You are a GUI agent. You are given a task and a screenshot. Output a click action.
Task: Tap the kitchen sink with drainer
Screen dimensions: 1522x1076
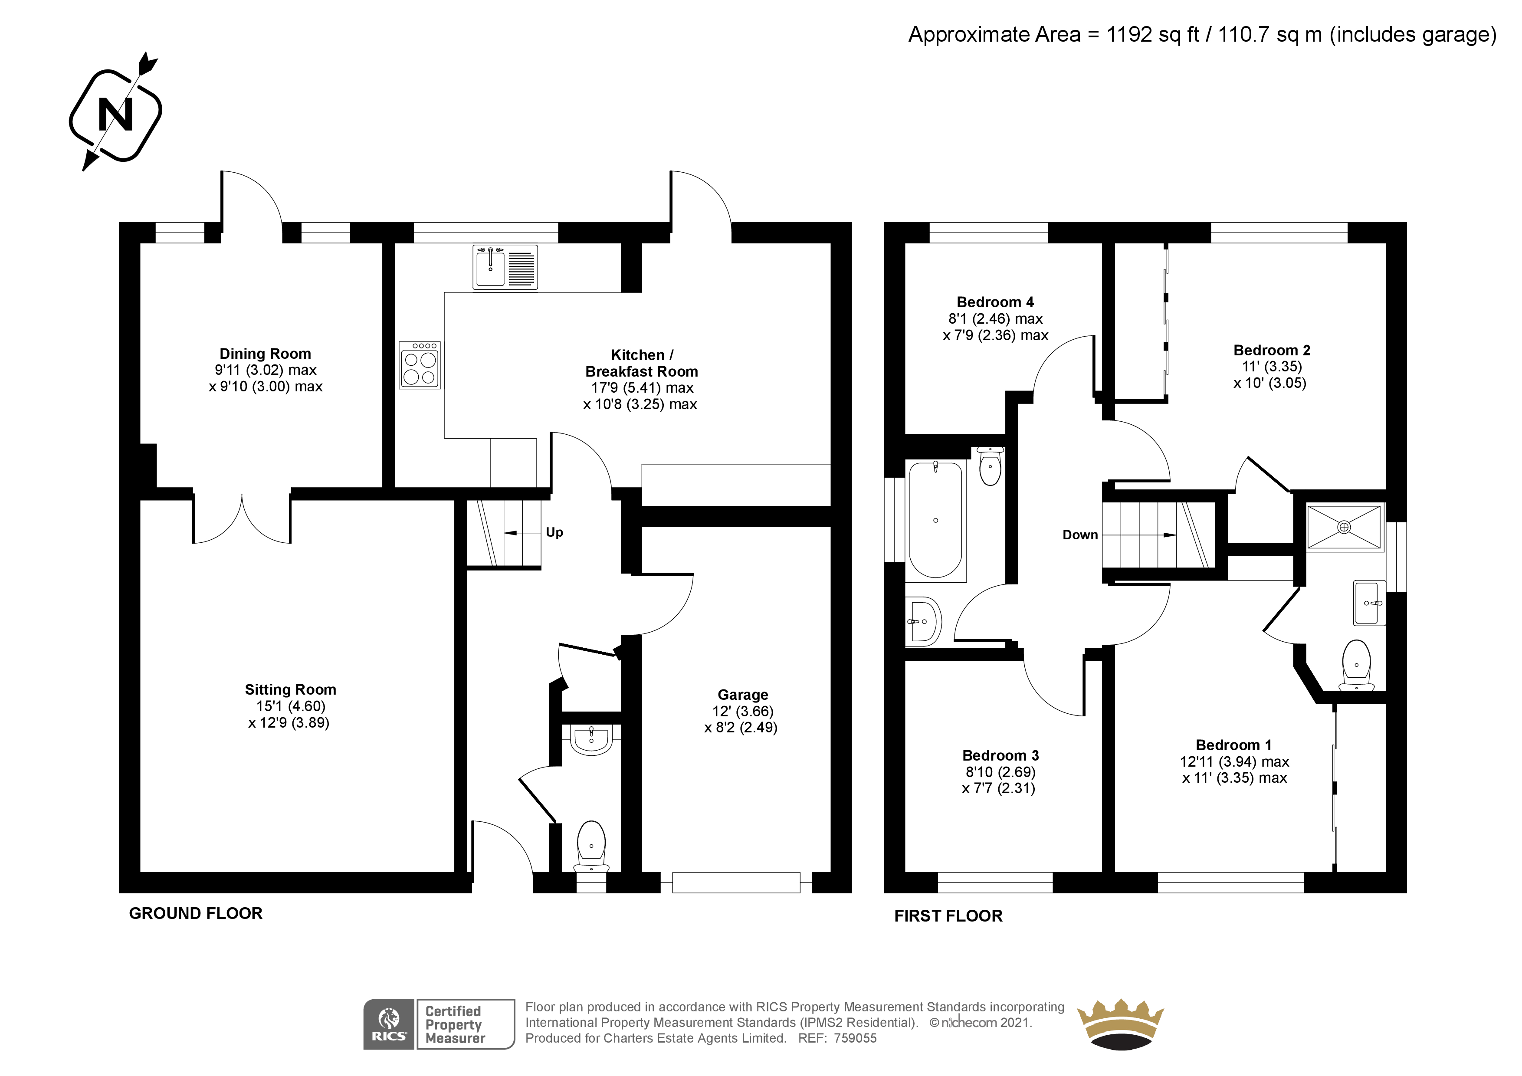505,267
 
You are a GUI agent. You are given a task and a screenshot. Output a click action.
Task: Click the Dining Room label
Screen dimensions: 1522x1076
265,354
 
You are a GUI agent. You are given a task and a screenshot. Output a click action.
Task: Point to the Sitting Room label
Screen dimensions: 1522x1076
290,689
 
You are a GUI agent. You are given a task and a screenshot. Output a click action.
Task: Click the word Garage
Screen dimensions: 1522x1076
743,695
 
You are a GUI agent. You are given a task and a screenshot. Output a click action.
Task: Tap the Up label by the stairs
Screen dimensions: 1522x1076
554,532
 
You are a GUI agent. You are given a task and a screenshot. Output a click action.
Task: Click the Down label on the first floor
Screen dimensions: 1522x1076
1080,535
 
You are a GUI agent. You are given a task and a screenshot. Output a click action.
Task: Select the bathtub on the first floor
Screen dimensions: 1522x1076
935,521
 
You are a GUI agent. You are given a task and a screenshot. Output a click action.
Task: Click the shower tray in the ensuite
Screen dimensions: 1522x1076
1345,527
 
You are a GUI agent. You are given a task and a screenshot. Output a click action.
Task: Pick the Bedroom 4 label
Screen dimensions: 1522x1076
995,302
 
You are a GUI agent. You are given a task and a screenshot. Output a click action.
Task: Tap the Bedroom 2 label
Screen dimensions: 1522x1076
1271,350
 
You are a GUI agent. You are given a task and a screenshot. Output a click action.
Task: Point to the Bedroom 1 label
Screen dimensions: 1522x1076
1233,745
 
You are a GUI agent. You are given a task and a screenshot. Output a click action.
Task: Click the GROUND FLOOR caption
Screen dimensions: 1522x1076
196,914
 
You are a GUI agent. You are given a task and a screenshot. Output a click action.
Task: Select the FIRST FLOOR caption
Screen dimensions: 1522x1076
948,916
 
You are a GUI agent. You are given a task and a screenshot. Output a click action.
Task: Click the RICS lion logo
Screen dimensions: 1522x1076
388,1024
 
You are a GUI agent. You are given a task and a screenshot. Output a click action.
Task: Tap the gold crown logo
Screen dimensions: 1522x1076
1120,1024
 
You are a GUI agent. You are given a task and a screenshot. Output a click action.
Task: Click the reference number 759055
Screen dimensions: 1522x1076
855,1039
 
